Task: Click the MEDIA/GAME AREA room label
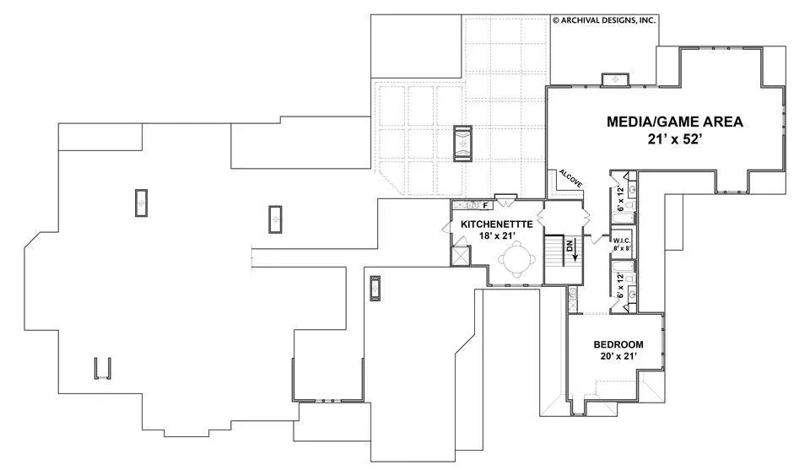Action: click(x=675, y=122)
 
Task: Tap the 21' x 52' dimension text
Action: click(x=675, y=139)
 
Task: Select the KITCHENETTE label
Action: click(x=496, y=224)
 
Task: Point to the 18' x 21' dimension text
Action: click(x=496, y=235)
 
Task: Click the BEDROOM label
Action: click(x=618, y=344)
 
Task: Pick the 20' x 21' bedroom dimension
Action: click(x=618, y=356)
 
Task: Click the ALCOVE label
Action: click(x=571, y=179)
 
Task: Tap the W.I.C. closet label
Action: click(x=622, y=241)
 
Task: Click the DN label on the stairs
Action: click(x=570, y=246)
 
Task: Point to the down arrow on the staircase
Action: click(x=575, y=250)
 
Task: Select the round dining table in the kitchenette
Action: click(x=515, y=258)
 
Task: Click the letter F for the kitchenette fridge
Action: click(x=485, y=205)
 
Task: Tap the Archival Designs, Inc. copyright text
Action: click(x=604, y=20)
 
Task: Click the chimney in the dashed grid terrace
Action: click(x=462, y=143)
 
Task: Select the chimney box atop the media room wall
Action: click(x=615, y=79)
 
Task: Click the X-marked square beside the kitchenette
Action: click(x=461, y=256)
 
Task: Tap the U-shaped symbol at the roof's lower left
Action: click(x=102, y=369)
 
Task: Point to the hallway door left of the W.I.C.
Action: click(x=597, y=238)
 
